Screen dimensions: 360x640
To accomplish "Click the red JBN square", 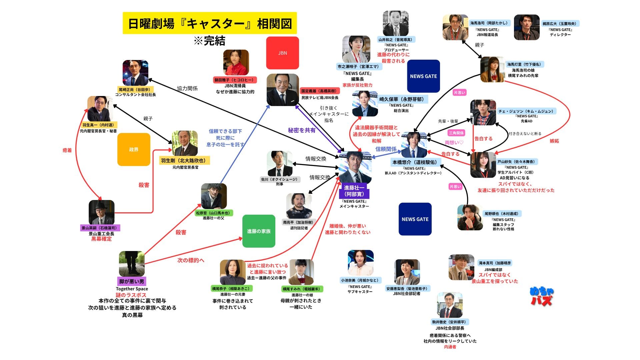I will click(282, 53).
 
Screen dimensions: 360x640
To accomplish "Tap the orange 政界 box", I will click(134, 149).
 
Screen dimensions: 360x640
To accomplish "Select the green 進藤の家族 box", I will click(259, 231).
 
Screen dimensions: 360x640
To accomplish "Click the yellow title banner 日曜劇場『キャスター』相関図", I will click(210, 23).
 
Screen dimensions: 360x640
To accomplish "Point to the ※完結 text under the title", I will click(210, 41).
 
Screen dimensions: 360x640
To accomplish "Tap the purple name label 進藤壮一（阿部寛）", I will click(354, 191).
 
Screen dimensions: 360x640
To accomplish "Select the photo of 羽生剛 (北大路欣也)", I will click(185, 143).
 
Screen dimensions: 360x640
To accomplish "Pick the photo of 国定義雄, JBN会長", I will click(283, 90).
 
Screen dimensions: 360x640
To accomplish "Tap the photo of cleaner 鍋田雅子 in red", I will click(236, 63).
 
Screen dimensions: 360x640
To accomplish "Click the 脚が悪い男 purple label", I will click(132, 281).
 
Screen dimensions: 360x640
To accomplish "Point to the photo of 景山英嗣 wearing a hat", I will click(101, 212).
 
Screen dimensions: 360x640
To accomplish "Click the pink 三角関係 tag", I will click(456, 133).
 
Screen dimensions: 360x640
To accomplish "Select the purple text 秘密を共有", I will click(302, 130).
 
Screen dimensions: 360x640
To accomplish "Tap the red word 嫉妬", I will click(554, 141).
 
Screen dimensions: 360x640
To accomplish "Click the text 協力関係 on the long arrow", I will click(187, 88).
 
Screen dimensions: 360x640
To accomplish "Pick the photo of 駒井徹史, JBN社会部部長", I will click(450, 305).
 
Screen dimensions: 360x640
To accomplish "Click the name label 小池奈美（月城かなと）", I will click(360, 280).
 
